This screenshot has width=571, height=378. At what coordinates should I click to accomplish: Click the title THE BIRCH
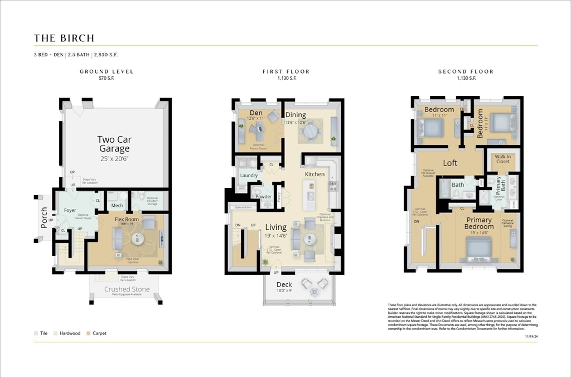click(64, 38)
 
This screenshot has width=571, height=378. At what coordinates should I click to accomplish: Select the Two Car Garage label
click(114, 144)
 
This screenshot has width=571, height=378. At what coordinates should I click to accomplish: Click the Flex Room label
click(127, 219)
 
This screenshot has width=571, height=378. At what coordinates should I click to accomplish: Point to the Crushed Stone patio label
click(127, 289)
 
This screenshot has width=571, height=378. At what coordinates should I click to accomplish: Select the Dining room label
click(296, 115)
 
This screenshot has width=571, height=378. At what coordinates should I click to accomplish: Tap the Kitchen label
click(314, 174)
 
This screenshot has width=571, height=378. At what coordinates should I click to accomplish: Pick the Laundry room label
click(249, 176)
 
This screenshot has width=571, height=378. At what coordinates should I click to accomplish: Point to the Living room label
click(275, 227)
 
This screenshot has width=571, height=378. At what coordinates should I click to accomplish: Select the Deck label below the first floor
click(284, 284)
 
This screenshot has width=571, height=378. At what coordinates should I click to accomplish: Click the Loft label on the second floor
click(450, 163)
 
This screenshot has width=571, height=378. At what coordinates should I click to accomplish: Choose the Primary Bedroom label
click(479, 223)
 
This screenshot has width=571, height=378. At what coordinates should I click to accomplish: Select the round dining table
click(310, 132)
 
